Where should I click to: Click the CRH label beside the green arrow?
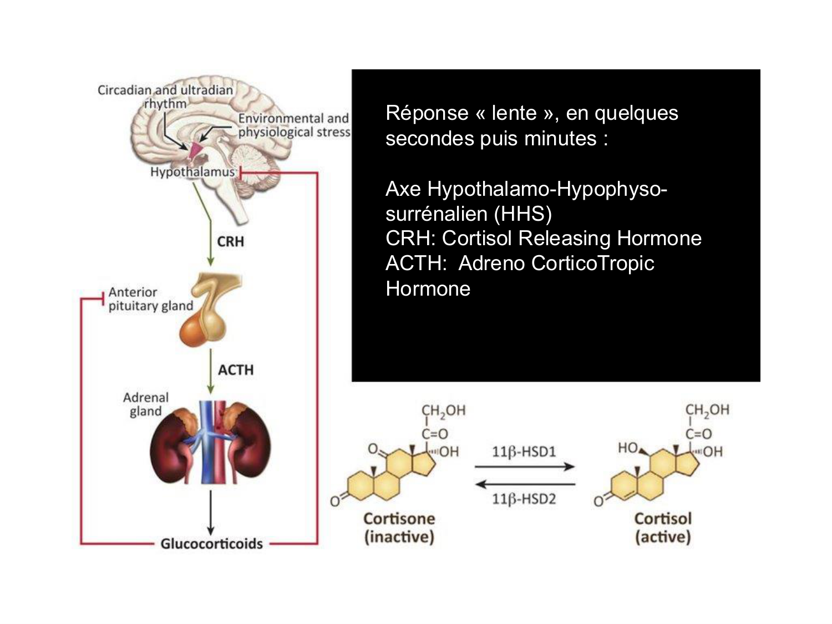230,242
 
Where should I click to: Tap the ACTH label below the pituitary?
235,370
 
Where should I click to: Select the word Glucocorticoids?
211,544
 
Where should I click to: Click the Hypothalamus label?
192,172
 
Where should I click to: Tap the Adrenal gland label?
146,404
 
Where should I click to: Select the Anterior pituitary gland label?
150,299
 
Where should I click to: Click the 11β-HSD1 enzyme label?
524,451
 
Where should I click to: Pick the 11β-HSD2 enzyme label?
524,499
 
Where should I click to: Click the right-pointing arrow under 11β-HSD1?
524,467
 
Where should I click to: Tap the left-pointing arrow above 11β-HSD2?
524,484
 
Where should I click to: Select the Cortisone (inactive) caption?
399,527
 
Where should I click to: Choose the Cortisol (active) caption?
663,527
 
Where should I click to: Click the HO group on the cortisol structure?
628,448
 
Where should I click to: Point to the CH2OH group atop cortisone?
443,411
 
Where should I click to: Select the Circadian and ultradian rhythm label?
165,97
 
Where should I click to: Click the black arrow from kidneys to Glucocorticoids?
210,513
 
